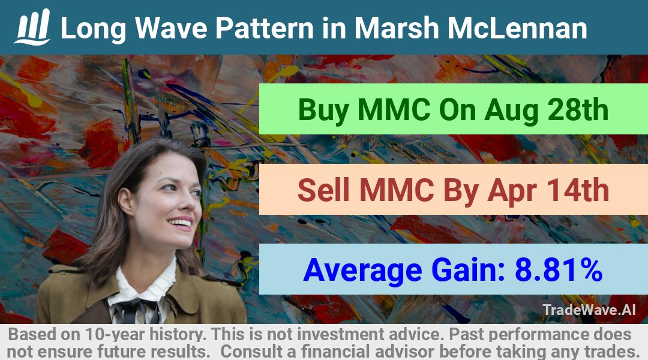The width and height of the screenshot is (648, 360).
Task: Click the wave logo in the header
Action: point(33,27)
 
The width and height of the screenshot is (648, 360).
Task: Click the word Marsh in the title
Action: point(398,28)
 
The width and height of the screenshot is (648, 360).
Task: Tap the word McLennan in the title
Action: point(517,28)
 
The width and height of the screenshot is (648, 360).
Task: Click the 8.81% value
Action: point(558,270)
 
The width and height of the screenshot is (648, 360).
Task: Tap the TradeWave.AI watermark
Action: point(589,310)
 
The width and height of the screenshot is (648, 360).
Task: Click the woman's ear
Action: point(125,200)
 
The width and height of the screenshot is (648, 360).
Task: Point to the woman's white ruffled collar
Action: point(145,285)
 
